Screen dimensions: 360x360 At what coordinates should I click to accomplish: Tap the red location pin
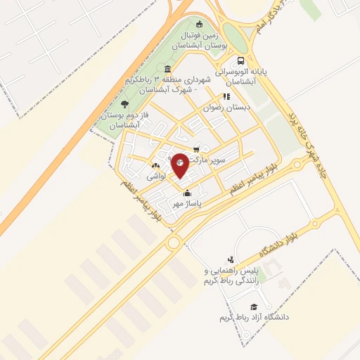181,165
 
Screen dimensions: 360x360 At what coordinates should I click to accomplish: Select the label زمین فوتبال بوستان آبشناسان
202,39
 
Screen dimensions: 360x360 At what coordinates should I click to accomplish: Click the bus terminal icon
241,61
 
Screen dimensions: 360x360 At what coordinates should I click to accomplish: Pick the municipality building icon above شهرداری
167,69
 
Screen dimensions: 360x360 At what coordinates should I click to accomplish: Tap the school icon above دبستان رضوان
226,96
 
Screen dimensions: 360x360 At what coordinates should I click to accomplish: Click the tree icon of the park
125,104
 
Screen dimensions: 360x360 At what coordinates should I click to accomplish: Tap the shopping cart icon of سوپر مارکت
196,149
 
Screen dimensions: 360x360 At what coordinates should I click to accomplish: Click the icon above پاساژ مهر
187,193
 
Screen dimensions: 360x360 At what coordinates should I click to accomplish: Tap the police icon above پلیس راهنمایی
230,259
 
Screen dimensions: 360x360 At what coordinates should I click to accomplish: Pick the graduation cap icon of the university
254,307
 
